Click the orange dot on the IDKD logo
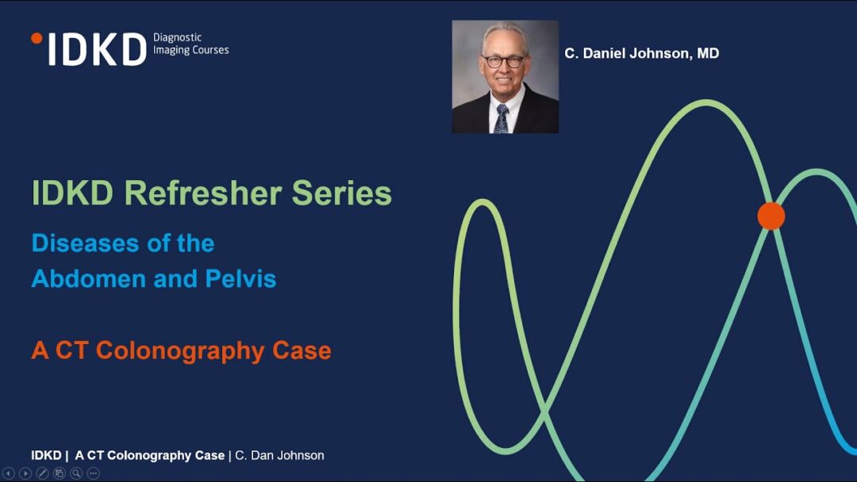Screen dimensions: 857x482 click(x=37, y=38)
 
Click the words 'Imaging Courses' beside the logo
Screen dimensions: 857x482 click(x=190, y=50)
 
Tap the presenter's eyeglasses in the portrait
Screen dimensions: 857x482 click(x=503, y=61)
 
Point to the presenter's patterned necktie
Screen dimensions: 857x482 click(x=502, y=119)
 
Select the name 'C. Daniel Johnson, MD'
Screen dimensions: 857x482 click(x=642, y=53)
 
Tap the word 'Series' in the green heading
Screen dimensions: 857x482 click(x=341, y=193)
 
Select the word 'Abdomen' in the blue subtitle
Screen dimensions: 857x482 click(x=89, y=279)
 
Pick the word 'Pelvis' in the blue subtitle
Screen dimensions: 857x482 click(x=240, y=279)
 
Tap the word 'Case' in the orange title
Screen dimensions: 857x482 click(x=302, y=350)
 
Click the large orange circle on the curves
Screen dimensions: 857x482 click(x=771, y=216)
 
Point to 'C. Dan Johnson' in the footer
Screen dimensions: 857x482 click(x=279, y=455)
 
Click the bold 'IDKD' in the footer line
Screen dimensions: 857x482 click(x=46, y=455)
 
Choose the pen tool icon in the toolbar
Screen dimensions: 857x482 click(x=42, y=473)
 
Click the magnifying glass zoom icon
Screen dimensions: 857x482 click(x=76, y=473)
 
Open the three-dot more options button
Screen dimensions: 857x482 click(x=93, y=473)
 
